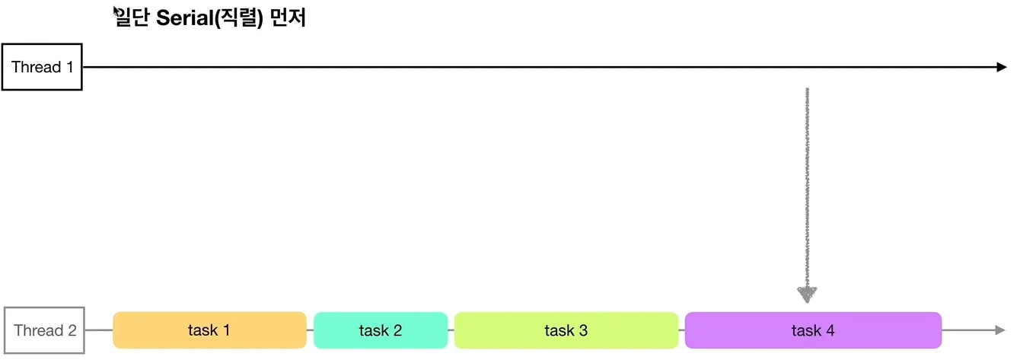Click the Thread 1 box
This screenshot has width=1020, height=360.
(x=42, y=67)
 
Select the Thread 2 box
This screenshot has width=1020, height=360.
(x=45, y=330)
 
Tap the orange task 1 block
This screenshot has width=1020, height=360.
(x=209, y=330)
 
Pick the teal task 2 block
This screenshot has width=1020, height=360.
(x=381, y=330)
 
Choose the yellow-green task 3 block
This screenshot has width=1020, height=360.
(x=566, y=330)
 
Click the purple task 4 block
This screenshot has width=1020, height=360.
(x=813, y=330)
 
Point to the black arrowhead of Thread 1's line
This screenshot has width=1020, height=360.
(x=1001, y=67)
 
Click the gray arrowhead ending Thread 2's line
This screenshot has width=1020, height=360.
(x=999, y=330)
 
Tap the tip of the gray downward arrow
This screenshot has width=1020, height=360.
(x=807, y=300)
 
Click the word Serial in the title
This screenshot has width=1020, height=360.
(x=183, y=18)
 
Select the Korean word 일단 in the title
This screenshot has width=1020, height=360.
(x=132, y=18)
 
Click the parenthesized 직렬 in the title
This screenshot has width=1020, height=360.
(x=237, y=18)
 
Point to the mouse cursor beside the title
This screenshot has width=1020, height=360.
(x=116, y=10)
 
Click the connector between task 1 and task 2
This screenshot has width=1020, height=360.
(x=310, y=330)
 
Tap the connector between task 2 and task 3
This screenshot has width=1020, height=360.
(x=451, y=330)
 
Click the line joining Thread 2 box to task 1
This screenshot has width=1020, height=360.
(x=98, y=330)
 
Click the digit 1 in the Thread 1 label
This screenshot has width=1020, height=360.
(x=70, y=67)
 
